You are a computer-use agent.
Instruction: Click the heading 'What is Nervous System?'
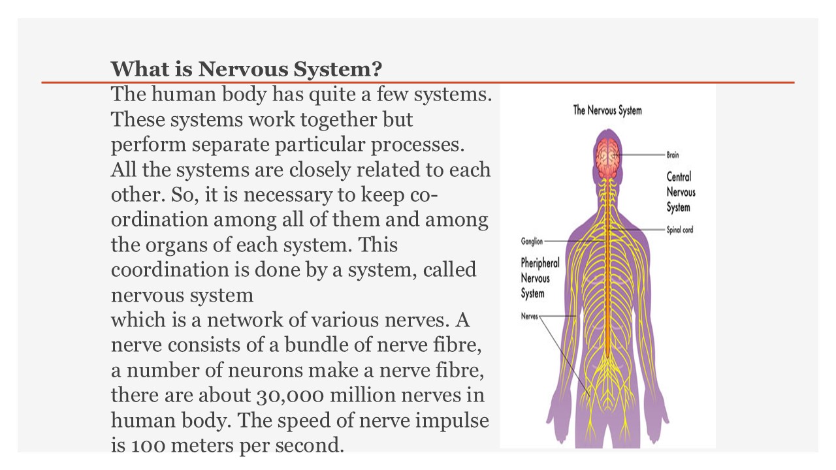point(246,69)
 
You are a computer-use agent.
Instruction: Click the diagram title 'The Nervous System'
point(607,110)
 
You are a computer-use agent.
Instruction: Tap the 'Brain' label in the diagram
point(673,155)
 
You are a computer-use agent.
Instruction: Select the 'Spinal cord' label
point(680,230)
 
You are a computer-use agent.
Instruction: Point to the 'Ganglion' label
point(532,241)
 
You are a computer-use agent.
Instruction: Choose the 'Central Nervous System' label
point(681,192)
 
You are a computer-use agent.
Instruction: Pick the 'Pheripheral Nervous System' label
point(539,278)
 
